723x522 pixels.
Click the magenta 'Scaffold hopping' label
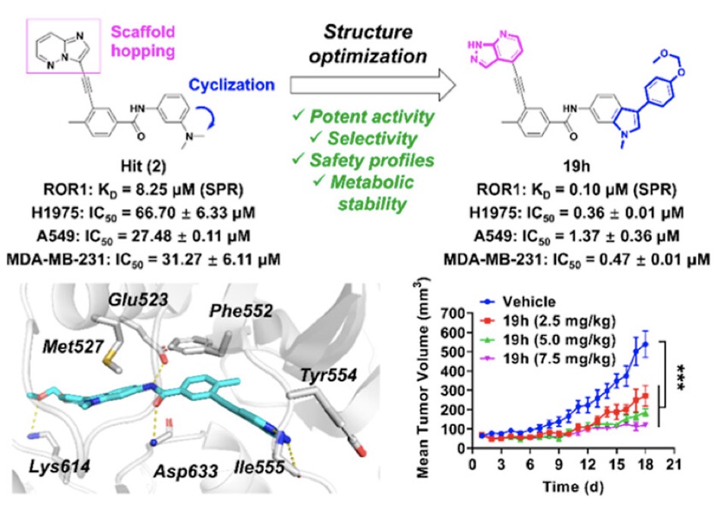143,41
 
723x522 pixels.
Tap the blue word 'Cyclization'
231,85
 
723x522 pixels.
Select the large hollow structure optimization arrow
373,85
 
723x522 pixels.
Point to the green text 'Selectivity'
364,138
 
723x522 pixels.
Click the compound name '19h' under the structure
576,166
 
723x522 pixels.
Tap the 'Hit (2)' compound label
143,166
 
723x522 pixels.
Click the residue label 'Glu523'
138,300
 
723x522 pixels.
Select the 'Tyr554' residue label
329,375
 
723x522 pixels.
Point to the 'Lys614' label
60,467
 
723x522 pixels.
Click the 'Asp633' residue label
185,471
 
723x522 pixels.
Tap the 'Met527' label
73,346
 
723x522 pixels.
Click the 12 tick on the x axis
588,464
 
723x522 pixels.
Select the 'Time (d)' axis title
573,486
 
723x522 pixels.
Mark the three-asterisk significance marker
680,378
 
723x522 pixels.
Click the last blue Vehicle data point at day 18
645,344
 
